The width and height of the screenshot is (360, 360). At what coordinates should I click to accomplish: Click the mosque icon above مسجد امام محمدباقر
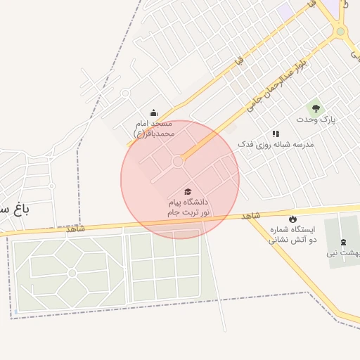[153, 113]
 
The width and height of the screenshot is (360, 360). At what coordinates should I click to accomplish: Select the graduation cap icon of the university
[188, 192]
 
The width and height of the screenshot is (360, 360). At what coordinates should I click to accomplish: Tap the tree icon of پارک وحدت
[316, 108]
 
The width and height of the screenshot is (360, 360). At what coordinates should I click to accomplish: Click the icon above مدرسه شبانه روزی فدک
[276, 133]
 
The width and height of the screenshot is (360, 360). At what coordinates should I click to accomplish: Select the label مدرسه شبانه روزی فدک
[275, 144]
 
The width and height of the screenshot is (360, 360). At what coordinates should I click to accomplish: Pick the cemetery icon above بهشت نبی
[343, 242]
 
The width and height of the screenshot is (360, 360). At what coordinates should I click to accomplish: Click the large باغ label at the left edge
[14, 210]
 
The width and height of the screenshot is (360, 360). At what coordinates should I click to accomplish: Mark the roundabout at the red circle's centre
[179, 162]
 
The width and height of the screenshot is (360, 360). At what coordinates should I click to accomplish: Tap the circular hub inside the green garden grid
[72, 272]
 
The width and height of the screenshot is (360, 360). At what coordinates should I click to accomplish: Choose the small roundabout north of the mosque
[125, 93]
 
